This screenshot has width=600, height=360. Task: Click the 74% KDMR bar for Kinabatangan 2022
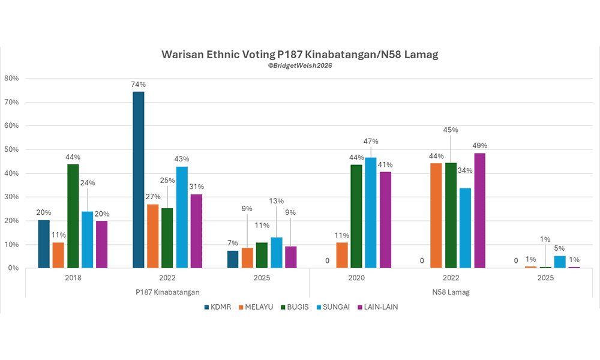(138, 180)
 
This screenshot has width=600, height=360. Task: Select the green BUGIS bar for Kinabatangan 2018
(73, 216)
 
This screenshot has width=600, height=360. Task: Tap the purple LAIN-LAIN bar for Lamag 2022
(479, 211)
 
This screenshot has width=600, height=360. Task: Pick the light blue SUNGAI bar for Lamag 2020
(371, 213)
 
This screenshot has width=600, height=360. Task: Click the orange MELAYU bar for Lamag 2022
(436, 216)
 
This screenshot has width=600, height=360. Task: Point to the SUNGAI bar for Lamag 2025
(560, 262)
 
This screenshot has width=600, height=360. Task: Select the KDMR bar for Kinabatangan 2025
(232, 259)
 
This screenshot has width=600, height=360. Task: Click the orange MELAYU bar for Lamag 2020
(341, 255)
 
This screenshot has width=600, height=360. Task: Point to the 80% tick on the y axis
(12, 79)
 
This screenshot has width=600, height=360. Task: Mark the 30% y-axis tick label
(12, 197)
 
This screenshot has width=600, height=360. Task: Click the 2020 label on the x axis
(357, 278)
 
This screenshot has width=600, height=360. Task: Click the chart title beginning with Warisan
(300, 55)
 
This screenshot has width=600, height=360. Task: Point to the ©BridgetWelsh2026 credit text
(300, 65)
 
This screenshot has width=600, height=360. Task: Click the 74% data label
(138, 85)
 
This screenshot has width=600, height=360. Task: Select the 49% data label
(479, 146)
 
